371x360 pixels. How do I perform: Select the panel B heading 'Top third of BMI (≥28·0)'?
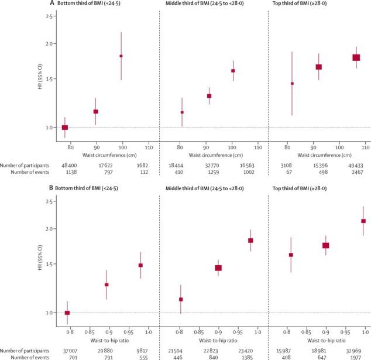[305, 190]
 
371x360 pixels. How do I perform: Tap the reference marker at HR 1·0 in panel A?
[65, 128]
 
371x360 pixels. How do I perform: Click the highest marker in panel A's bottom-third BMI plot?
[121, 56]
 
